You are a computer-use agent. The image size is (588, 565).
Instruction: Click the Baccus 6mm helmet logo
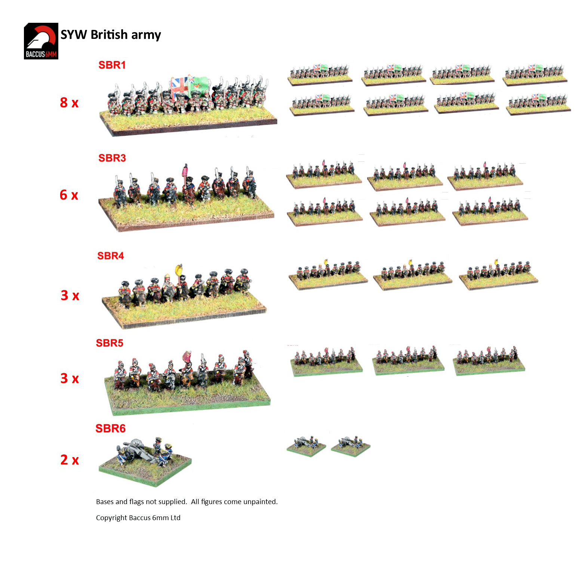[41, 41]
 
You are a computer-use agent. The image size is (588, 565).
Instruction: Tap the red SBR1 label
[112, 65]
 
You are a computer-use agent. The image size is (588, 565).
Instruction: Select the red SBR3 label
[112, 158]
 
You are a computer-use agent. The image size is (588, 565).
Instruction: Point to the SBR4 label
[111, 256]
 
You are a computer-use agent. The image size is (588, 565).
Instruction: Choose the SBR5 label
[110, 343]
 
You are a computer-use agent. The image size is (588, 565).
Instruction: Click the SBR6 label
[111, 428]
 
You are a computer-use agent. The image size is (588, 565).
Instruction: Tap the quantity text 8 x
[69, 102]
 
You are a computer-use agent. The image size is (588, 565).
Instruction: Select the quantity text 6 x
[69, 195]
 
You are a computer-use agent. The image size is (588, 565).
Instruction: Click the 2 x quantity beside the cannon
[70, 460]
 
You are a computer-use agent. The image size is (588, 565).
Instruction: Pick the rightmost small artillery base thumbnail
[350, 446]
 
